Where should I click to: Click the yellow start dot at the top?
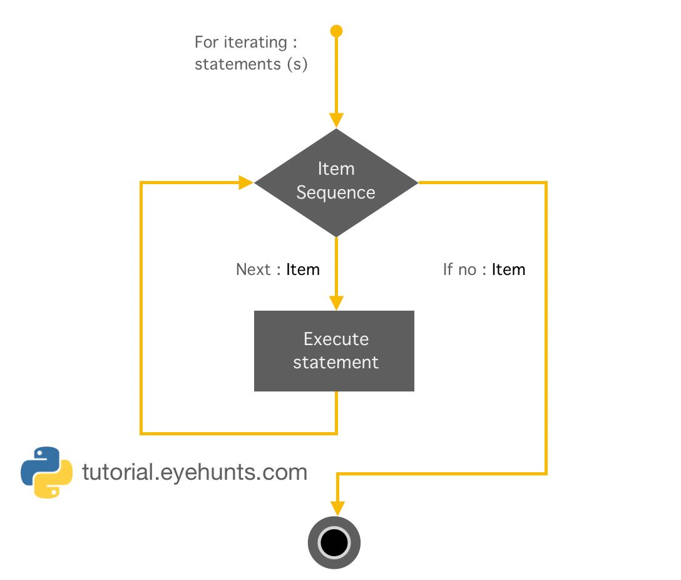point(337,31)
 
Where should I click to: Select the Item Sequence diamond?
point(336,182)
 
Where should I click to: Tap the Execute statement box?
point(334,351)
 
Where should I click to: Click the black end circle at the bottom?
point(334,542)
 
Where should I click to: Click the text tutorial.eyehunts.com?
point(195,472)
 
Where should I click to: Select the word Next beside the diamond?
point(253,269)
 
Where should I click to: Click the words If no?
point(459,269)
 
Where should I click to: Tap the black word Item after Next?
point(303,269)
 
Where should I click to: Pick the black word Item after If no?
point(508,269)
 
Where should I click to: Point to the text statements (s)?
point(251,64)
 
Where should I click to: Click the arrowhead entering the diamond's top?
point(337,120)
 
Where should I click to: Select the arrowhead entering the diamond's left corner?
point(245,182)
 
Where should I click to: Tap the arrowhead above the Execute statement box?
point(337,302)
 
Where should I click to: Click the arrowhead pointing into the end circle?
point(337,508)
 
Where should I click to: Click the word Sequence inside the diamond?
point(335,192)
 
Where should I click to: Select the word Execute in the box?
point(336,339)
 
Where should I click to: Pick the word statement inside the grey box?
point(335,362)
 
